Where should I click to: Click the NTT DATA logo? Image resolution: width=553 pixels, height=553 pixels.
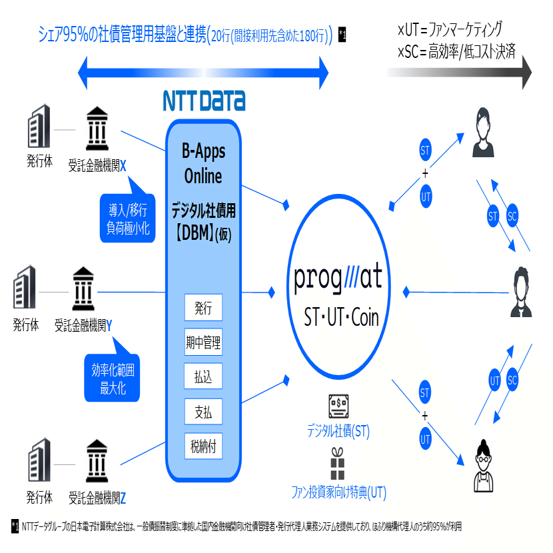click(204, 100)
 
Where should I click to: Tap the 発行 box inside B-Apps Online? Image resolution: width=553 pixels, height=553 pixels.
click(203, 308)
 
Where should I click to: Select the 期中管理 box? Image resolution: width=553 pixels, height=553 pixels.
click(203, 344)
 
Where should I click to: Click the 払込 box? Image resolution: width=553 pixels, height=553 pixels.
click(203, 378)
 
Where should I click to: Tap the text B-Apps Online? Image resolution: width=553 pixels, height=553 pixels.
click(203, 164)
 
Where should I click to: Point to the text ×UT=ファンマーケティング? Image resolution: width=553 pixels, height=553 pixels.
click(450, 30)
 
